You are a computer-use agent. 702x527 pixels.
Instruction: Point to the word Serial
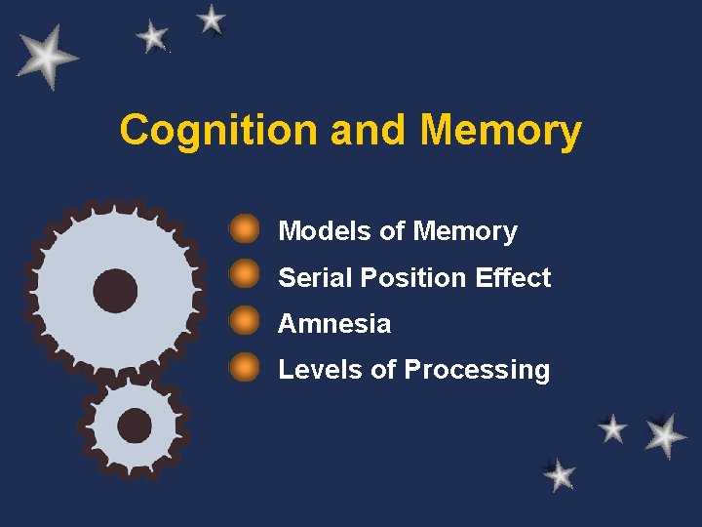tap(315, 278)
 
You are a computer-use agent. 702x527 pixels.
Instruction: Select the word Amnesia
tap(334, 323)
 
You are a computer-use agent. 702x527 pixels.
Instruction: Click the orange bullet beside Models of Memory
tap(244, 229)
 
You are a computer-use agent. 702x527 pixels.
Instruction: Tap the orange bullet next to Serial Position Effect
tap(244, 275)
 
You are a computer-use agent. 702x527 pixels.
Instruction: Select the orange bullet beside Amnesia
tap(244, 321)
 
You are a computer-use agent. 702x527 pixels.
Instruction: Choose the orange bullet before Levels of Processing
tap(244, 367)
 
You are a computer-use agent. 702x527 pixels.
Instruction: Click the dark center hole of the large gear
tap(115, 290)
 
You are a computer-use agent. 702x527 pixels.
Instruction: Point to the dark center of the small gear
tap(134, 426)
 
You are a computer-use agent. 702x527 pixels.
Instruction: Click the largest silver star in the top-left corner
tap(47, 57)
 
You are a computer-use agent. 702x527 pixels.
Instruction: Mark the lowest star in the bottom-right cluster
tap(559, 475)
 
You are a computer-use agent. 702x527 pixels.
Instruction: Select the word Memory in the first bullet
tap(465, 232)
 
